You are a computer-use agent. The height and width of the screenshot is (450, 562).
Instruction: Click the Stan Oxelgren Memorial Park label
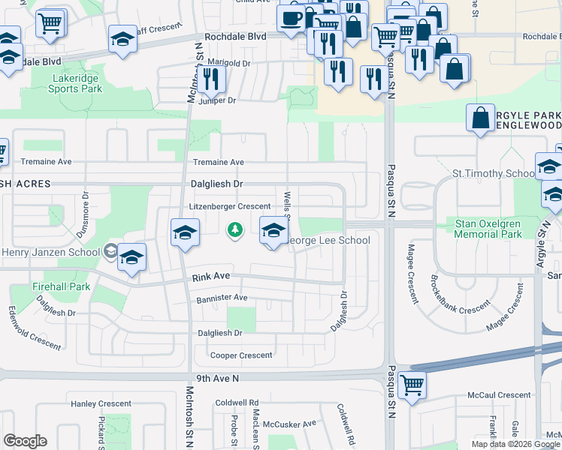488,229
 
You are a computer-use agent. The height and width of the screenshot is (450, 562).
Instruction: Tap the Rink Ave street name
210,277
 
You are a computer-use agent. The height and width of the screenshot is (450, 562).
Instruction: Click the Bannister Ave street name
222,298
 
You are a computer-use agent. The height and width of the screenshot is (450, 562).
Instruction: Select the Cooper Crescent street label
240,355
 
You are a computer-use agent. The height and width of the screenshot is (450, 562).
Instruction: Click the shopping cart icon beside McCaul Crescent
412,385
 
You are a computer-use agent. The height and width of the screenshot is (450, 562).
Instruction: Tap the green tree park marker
235,229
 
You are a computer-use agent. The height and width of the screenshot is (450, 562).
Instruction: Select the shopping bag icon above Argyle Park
480,118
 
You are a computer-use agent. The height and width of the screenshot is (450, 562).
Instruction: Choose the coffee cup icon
291,16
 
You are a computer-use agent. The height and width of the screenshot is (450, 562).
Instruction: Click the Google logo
25,441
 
